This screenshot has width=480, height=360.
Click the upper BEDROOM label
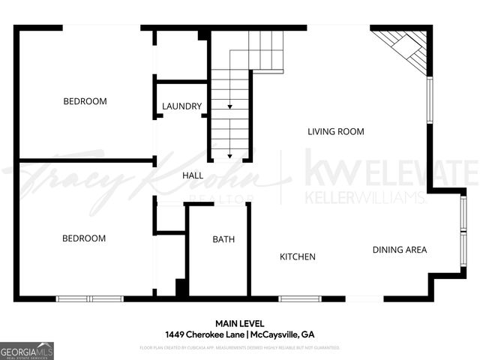[x=85, y=101]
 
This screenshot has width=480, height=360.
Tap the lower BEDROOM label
[x=83, y=238]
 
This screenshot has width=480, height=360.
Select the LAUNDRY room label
[x=181, y=106]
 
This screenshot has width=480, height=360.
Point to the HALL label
[x=193, y=175]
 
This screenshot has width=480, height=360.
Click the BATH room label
[x=223, y=240]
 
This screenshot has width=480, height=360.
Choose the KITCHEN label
[x=298, y=257]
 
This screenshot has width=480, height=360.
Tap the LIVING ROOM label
[x=336, y=132]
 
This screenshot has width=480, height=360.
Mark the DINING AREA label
[x=400, y=250]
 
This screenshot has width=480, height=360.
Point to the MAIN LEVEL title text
[x=239, y=323]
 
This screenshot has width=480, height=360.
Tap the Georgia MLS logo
[x=27, y=351]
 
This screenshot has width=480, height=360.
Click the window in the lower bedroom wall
[x=90, y=298]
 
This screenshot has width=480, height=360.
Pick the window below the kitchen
[x=300, y=298]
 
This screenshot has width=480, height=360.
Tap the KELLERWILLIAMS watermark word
[x=365, y=198]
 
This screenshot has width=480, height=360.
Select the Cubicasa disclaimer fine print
[x=239, y=348]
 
